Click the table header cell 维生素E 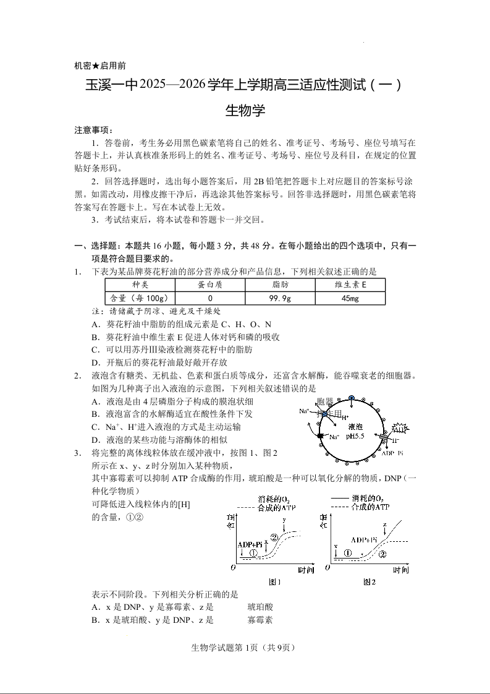click(350, 285)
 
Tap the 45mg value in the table click(350, 298)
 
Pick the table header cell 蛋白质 click(210, 285)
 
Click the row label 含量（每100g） click(140, 298)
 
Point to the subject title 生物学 click(245, 111)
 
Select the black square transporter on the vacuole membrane click(320, 437)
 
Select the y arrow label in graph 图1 click(284, 520)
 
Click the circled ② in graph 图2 click(382, 554)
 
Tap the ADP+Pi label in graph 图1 click(249, 544)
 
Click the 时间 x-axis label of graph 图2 click(400, 570)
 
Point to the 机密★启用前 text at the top click(100, 66)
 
